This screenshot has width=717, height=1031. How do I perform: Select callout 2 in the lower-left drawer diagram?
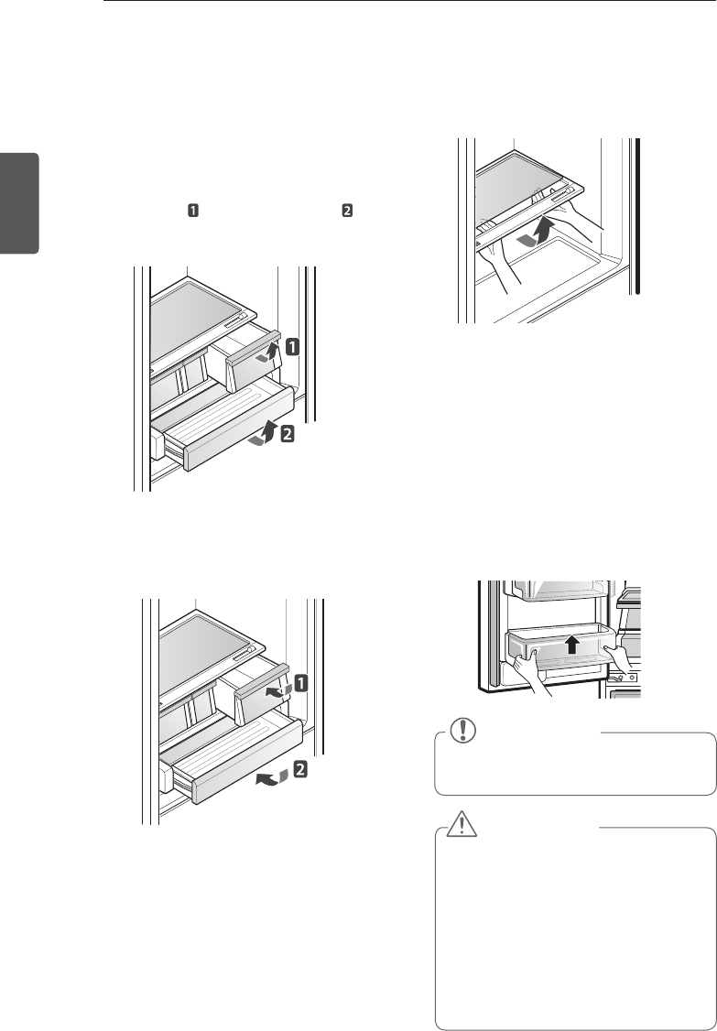(299, 771)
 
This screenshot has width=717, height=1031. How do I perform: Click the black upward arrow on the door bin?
(570, 644)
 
